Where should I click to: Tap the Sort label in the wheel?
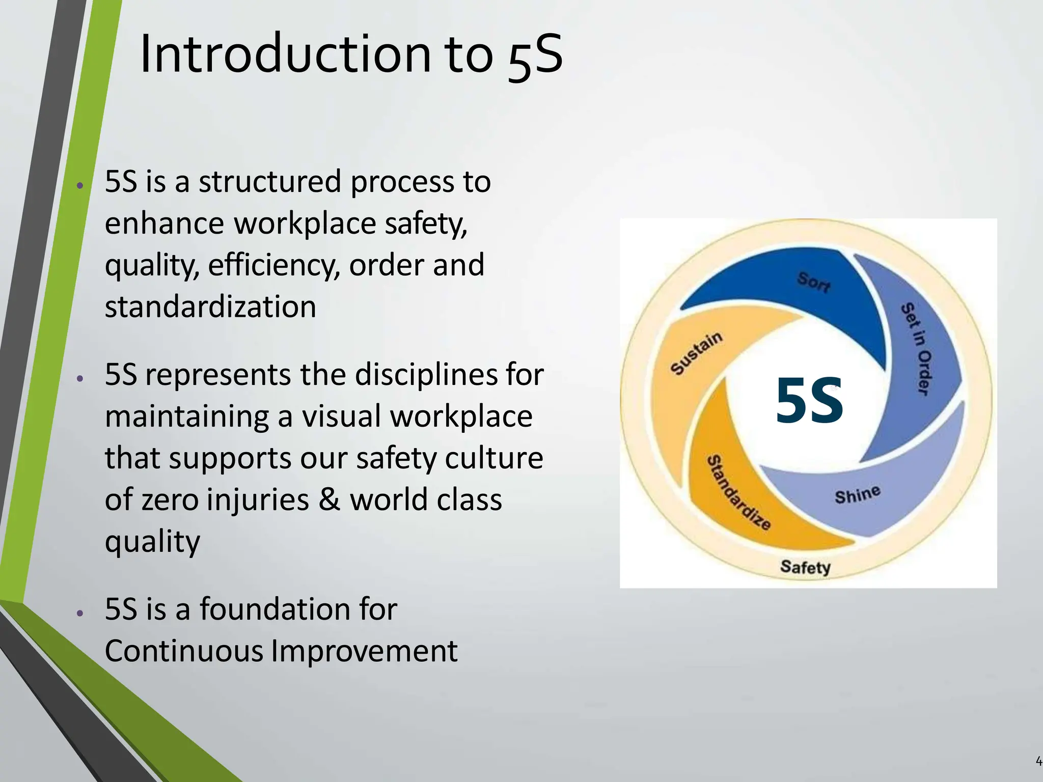(813, 282)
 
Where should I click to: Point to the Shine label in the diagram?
(858, 494)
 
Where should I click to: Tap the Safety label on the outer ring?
(805, 567)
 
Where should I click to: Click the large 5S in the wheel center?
(809, 400)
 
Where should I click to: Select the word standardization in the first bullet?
(210, 307)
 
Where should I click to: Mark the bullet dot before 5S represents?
(79, 379)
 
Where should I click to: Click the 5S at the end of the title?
(535, 55)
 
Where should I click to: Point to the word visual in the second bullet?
(341, 416)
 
